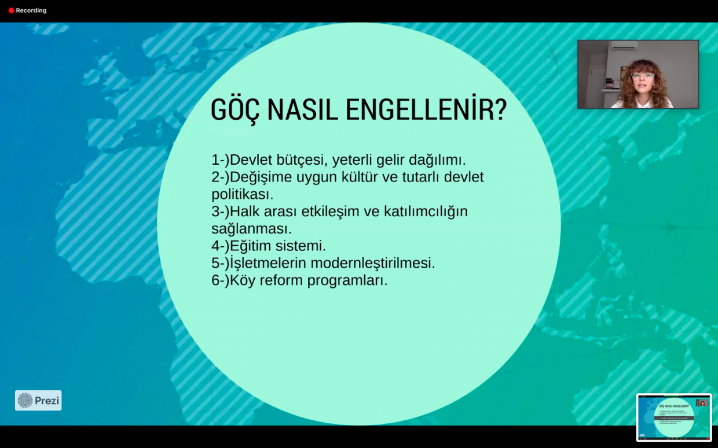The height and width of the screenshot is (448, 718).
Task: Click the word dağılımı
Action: (x=437, y=160)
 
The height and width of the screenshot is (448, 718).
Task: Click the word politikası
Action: (x=242, y=194)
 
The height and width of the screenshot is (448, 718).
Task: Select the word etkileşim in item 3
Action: (x=331, y=212)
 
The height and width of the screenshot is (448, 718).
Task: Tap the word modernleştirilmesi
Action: (x=373, y=264)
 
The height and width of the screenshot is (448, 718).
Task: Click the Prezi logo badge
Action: (x=38, y=401)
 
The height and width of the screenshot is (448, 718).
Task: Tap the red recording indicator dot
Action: (x=11, y=10)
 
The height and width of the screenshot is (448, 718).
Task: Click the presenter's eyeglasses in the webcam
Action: (x=642, y=76)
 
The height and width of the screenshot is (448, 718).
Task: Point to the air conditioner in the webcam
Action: (x=624, y=46)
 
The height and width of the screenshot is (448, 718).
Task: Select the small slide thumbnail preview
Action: (x=674, y=417)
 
